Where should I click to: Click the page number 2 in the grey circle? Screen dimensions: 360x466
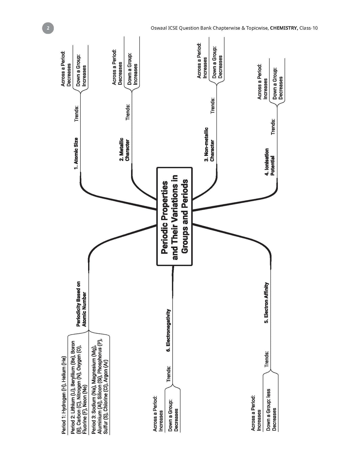pos(48,28)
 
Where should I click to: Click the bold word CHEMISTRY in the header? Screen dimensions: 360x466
pos(284,28)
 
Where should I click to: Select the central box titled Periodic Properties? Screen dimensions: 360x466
pos(174,216)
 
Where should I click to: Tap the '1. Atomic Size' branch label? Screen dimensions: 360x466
pos(76,154)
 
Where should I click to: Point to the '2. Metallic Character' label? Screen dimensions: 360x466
pos(124,149)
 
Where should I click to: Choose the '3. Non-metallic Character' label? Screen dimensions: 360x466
pos(209,144)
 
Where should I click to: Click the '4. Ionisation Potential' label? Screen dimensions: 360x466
pos(269,162)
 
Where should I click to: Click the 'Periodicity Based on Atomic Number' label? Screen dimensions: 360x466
pos(81,304)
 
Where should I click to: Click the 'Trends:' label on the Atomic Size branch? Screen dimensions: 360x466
pos(77,114)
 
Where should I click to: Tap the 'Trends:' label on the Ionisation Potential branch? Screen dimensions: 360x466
pos(273,127)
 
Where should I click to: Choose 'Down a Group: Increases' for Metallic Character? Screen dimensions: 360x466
pos(132,69)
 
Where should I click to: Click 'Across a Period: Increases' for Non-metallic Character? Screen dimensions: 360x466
pos(202,61)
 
